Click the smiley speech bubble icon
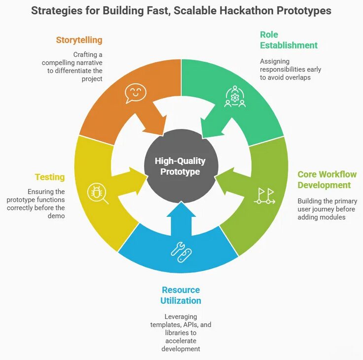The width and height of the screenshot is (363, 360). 136,93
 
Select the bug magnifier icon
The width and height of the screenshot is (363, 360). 97,193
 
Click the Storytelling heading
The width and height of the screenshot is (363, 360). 79,40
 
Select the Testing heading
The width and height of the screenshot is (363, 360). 50,177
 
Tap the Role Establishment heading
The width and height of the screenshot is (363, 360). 289,40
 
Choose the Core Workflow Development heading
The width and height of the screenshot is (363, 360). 327,180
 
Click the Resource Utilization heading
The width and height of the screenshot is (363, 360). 181,295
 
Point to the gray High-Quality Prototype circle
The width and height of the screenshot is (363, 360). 180,166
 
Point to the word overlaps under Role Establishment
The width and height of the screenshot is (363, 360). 298,78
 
